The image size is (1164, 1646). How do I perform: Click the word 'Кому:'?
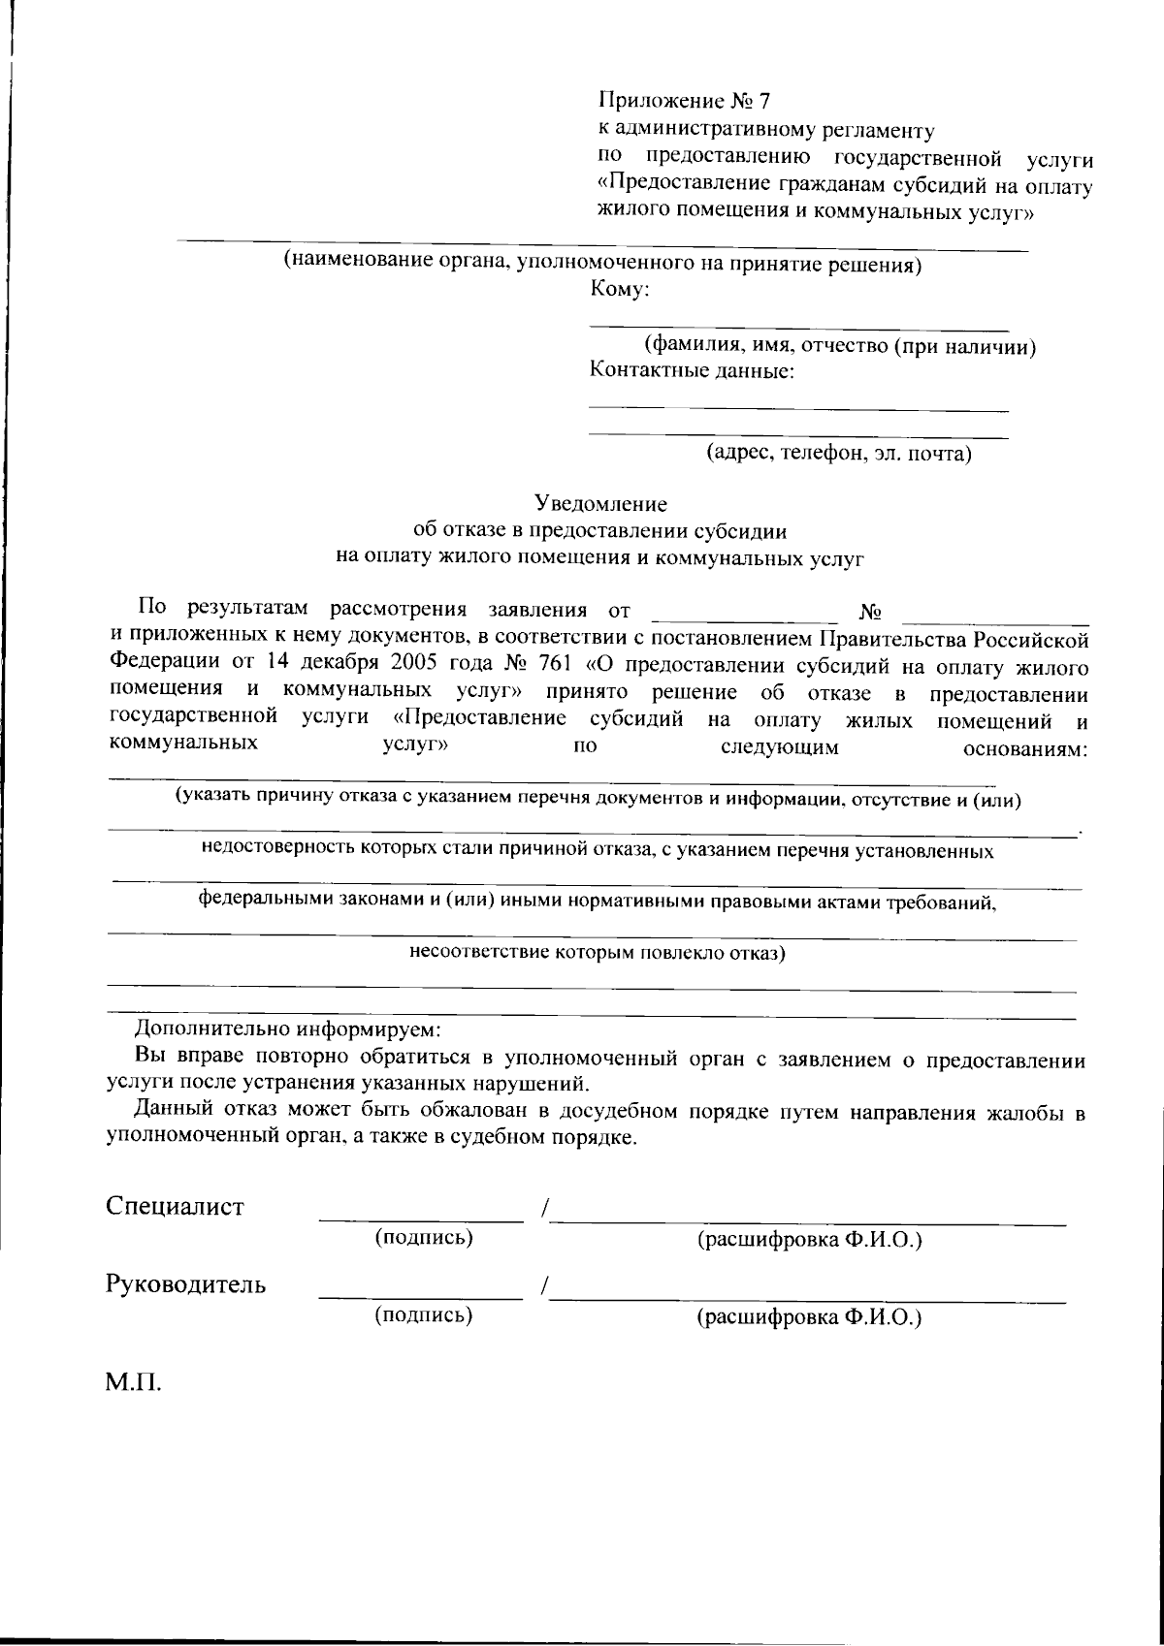[618, 288]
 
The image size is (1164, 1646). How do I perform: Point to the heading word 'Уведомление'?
[600, 504]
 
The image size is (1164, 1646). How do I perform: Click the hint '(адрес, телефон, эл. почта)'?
[838, 453]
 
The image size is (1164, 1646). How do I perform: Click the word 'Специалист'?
[175, 1207]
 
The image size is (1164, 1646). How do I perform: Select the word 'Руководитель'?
[185, 1285]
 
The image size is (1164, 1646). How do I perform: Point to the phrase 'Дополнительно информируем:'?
[286, 1029]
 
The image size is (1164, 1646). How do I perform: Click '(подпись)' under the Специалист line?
[423, 1238]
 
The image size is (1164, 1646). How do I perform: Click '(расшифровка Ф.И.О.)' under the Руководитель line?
[809, 1317]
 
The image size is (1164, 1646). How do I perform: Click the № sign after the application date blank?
[869, 613]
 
